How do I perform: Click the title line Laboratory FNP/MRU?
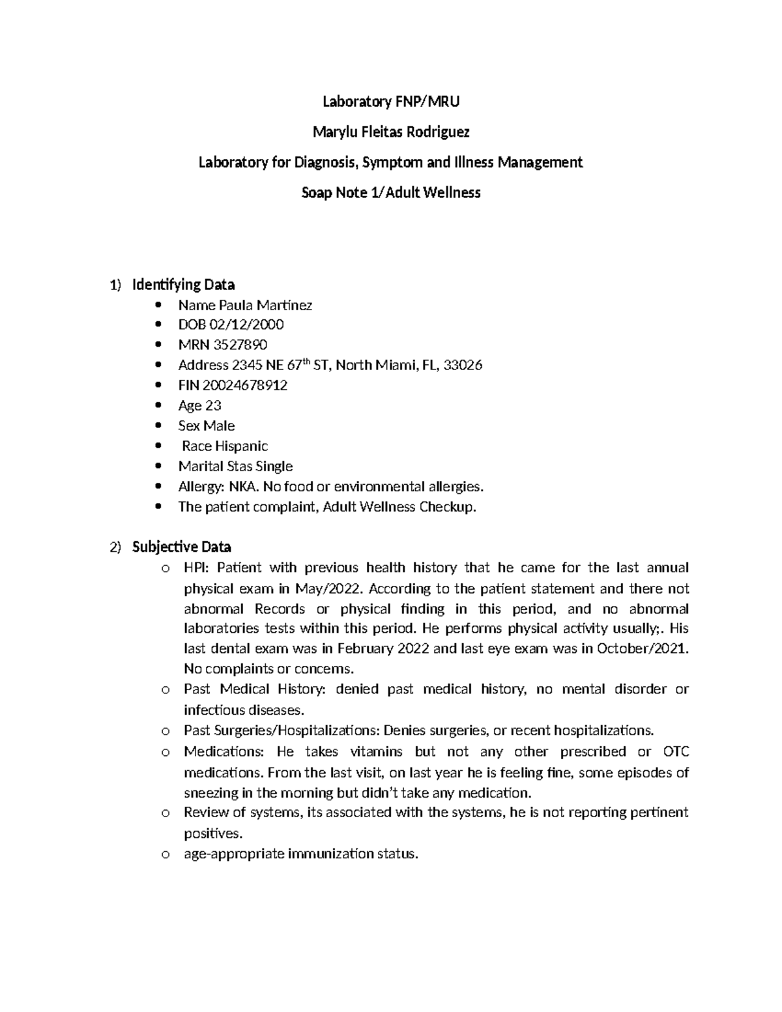pos(391,102)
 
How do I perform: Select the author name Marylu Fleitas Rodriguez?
pos(391,132)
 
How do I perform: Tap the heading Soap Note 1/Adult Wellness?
pos(391,192)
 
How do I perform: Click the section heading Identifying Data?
pos(183,285)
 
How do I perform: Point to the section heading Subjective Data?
pos(181,546)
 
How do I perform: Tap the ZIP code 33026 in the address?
pos(463,365)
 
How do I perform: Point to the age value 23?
pos(213,405)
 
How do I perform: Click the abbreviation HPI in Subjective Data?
pos(195,568)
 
